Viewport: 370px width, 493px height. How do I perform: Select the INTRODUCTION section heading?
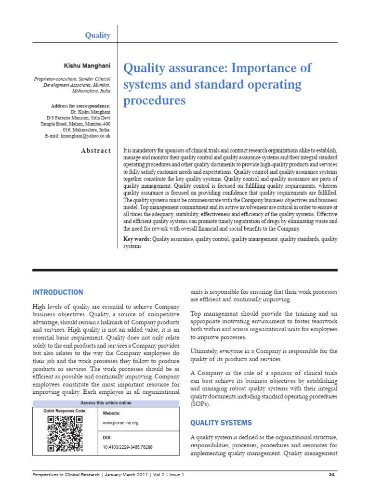coord(57,292)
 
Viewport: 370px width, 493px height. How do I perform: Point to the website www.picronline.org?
coord(121,423)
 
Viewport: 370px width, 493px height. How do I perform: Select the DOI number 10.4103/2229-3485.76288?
coord(128,447)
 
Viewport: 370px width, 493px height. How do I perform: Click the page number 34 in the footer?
coord(331,475)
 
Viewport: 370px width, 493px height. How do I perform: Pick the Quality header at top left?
coord(98,36)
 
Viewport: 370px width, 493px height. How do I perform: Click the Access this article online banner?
coord(106,403)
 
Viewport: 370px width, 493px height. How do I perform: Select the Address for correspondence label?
coord(80,106)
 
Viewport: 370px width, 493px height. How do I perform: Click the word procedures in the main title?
coord(155,101)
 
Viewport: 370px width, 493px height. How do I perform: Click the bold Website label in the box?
coord(112,413)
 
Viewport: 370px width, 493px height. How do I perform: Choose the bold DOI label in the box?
coord(107,438)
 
